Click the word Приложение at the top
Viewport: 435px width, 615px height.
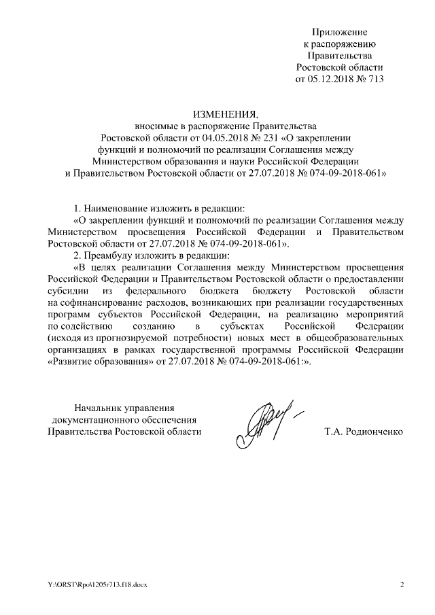339,32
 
